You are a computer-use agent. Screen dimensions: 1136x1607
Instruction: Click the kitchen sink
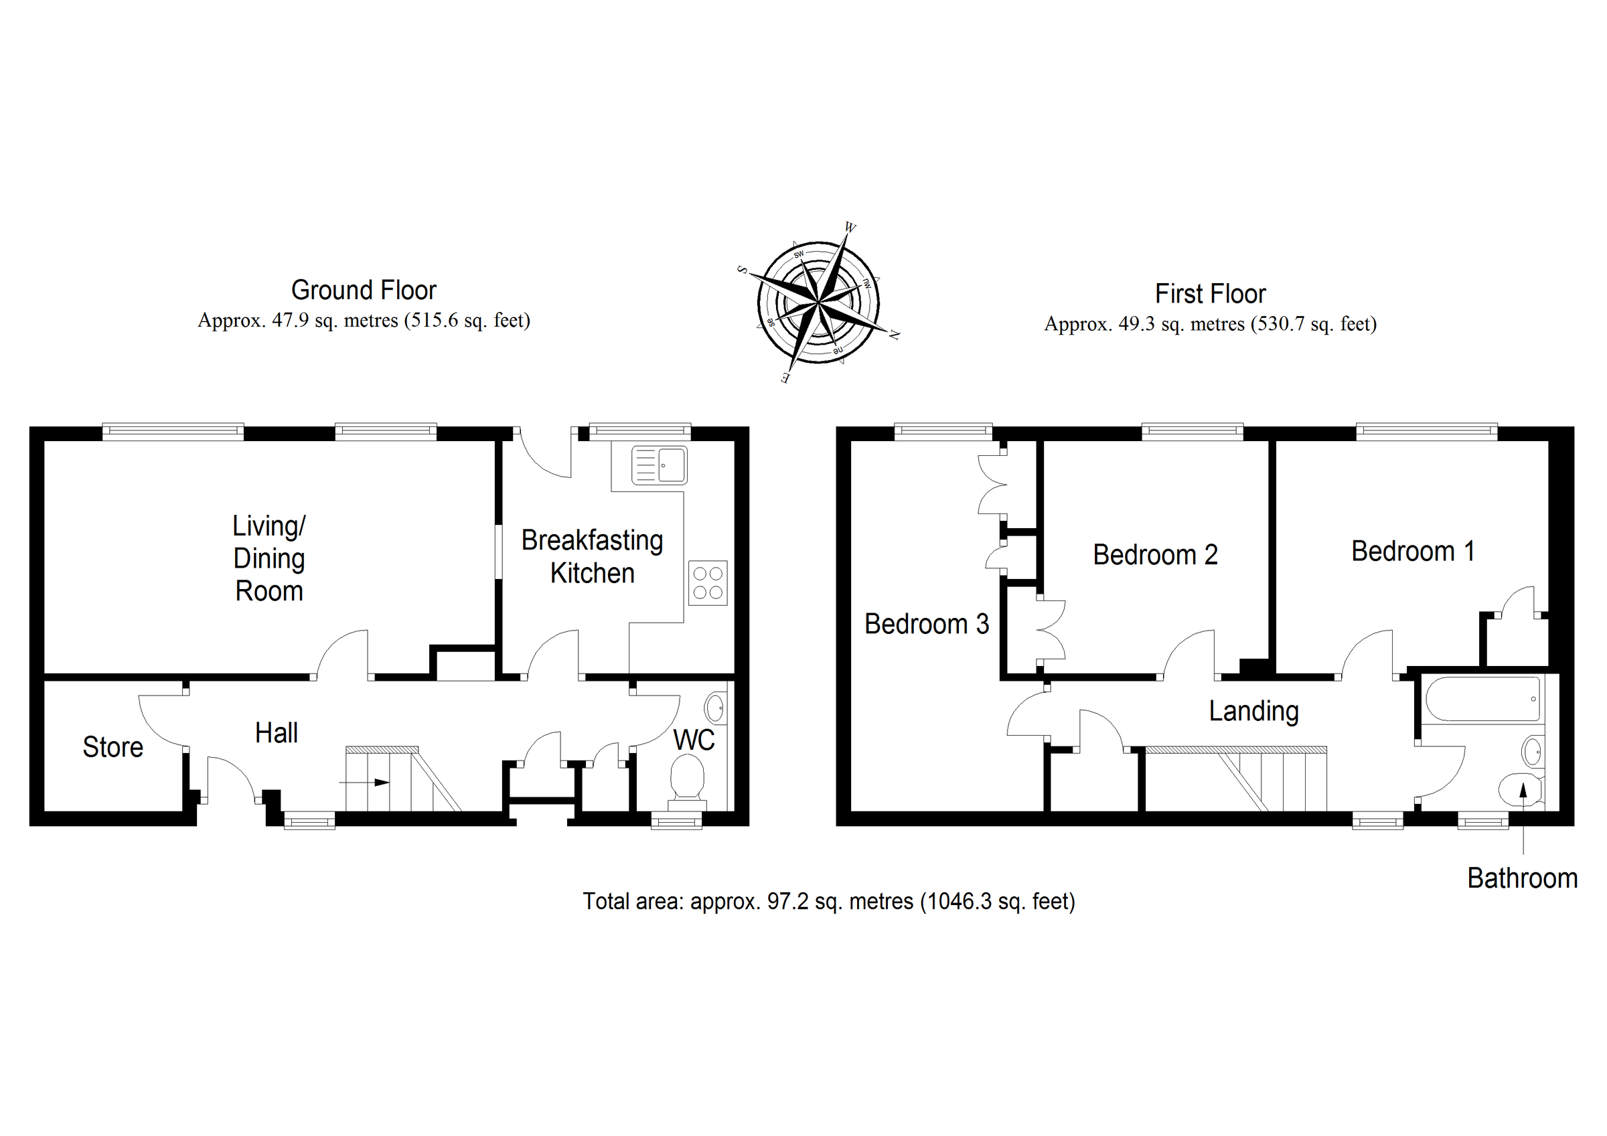(x=660, y=465)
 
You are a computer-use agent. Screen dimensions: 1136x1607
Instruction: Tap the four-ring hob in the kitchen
(x=708, y=582)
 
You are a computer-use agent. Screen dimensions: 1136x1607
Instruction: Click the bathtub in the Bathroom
(x=1482, y=699)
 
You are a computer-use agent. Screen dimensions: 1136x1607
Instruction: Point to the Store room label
(x=112, y=748)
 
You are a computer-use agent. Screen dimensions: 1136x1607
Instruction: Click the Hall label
(x=277, y=734)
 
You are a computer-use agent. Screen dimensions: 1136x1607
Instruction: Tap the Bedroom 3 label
(x=927, y=624)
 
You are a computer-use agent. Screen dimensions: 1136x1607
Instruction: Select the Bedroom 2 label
(x=1155, y=555)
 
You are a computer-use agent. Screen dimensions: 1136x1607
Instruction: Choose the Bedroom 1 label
(x=1412, y=552)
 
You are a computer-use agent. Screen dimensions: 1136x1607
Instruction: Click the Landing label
(x=1253, y=711)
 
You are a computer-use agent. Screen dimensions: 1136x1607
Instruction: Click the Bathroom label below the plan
(x=1523, y=878)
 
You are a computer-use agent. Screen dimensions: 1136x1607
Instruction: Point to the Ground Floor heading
(x=364, y=291)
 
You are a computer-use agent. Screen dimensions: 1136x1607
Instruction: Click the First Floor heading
(x=1210, y=294)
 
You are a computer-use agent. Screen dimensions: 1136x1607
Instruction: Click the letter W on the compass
(x=850, y=228)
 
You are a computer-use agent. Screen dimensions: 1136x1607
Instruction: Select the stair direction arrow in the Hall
(x=366, y=783)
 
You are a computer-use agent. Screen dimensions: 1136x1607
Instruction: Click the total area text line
(x=829, y=902)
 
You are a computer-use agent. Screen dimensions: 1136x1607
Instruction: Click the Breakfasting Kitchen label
(x=592, y=557)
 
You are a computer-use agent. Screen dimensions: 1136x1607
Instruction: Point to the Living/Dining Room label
(x=269, y=558)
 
